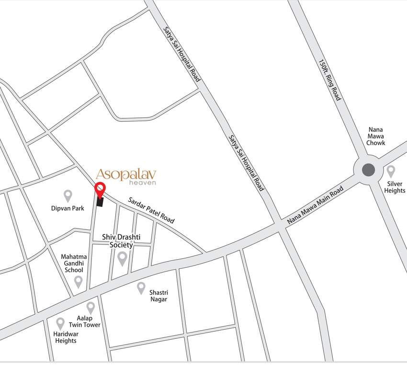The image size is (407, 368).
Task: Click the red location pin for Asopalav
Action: pyautogui.click(x=100, y=190)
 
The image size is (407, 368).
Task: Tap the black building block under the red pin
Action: pyautogui.click(x=100, y=202)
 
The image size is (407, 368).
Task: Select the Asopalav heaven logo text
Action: pyautogui.click(x=126, y=176)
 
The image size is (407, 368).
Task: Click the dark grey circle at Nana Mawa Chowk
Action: pyautogui.click(x=368, y=170)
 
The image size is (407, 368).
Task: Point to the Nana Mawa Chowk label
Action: pyautogui.click(x=376, y=136)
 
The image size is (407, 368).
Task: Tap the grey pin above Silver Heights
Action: pyautogui.click(x=391, y=171)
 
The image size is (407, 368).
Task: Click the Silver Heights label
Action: pyautogui.click(x=395, y=187)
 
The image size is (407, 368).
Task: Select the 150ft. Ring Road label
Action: pyautogui.click(x=330, y=80)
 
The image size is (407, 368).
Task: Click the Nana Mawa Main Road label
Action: pyautogui.click(x=316, y=206)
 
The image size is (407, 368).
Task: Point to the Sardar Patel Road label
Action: pyautogui.click(x=151, y=210)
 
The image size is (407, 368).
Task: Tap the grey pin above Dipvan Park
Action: pyautogui.click(x=68, y=195)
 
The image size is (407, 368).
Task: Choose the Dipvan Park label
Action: pyautogui.click(x=68, y=208)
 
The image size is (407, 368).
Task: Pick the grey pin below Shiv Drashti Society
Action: pyautogui.click(x=122, y=258)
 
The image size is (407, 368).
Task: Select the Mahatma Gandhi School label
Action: pyautogui.click(x=74, y=263)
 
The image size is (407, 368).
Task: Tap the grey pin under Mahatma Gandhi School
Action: pyautogui.click(x=78, y=281)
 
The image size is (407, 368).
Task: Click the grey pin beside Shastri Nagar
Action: pyautogui.click(x=141, y=287)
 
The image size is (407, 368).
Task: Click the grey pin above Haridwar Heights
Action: pyautogui.click(x=60, y=323)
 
